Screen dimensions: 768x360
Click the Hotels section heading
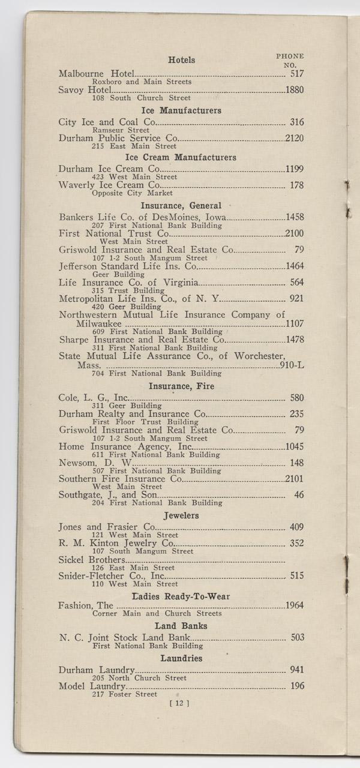181,60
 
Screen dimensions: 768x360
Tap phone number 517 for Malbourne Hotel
297,74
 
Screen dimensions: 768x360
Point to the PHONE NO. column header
290,60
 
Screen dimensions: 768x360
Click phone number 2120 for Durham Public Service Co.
295,139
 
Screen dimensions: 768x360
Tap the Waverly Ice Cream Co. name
109,185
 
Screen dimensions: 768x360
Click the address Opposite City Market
132,193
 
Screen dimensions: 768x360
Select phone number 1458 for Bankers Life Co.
295,217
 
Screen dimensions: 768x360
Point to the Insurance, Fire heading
181,386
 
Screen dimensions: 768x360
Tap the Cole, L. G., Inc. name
94,398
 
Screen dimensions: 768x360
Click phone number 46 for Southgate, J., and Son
299,495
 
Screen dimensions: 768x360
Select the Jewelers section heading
181,515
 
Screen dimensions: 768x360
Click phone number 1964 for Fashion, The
295,605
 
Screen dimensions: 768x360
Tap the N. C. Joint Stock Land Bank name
124,638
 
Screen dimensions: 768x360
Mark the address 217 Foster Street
124,694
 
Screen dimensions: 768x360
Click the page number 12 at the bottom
179,704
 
